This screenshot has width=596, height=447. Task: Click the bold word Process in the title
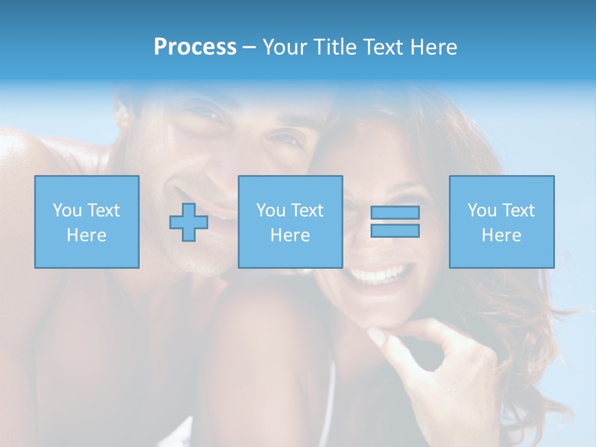click(x=195, y=47)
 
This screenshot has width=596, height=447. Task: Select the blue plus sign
click(x=189, y=222)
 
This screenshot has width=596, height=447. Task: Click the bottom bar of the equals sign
click(x=395, y=230)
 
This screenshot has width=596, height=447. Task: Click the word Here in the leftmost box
click(x=87, y=235)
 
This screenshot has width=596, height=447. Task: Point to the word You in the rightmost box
click(x=482, y=210)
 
